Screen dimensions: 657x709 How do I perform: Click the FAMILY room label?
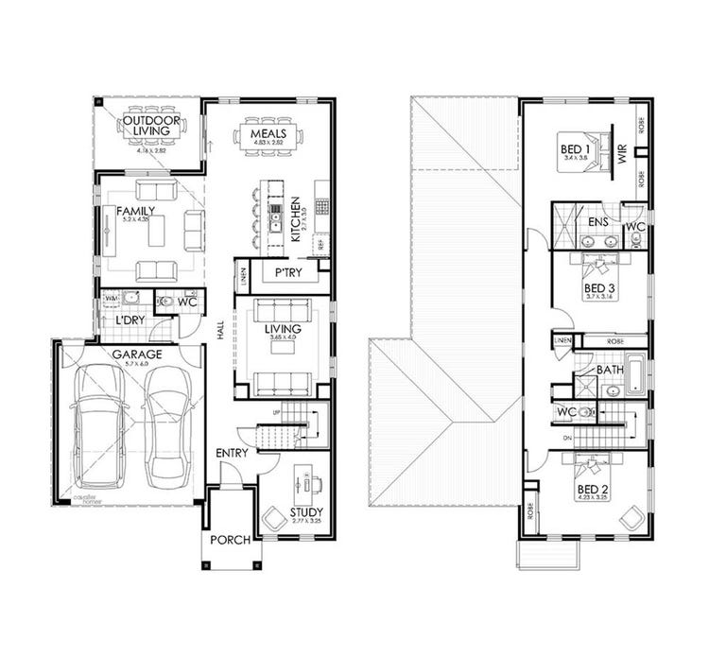134,213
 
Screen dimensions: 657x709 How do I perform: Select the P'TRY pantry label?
287,273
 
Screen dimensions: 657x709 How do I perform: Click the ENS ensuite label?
597,222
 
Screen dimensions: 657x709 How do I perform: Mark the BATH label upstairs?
607,370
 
